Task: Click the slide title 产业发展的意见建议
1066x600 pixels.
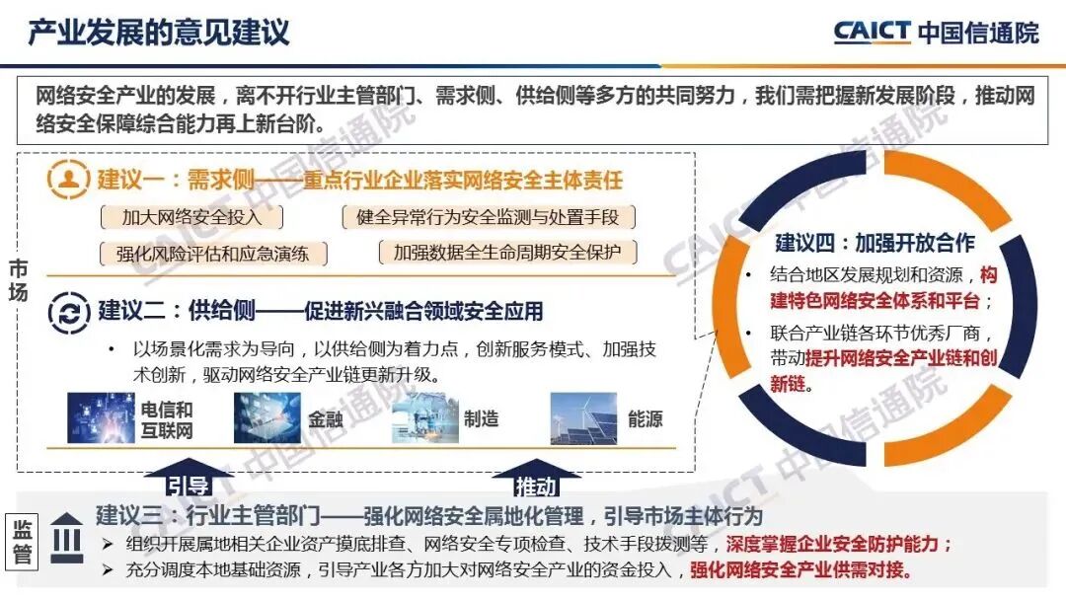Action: [x=158, y=32]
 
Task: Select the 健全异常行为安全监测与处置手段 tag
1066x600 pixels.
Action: [x=488, y=217]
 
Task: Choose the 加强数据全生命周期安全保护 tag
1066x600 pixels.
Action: [x=507, y=253]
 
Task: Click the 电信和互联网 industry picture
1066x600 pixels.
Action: [x=101, y=418]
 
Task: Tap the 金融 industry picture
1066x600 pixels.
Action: [x=266, y=418]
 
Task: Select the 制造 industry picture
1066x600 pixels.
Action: [x=425, y=418]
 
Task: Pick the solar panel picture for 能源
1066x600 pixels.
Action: [x=583, y=418]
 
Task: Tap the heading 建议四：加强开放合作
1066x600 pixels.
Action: [x=875, y=243]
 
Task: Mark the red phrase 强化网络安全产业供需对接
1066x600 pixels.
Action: [x=799, y=570]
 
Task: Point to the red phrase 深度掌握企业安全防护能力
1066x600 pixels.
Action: [x=839, y=544]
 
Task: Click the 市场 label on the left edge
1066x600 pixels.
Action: [x=19, y=280]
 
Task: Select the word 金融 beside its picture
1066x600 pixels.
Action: [x=326, y=419]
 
